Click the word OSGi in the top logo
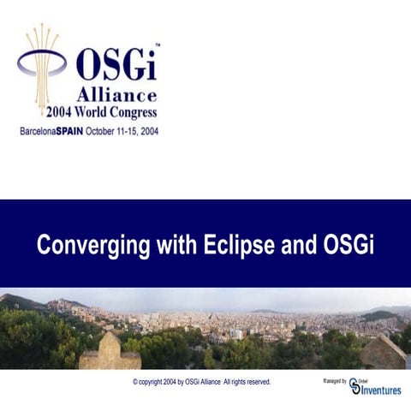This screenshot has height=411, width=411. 116,66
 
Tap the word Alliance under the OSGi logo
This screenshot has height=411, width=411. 116,94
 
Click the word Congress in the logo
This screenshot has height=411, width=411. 131,111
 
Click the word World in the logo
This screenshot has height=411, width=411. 98,111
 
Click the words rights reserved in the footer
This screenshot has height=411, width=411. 248,382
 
